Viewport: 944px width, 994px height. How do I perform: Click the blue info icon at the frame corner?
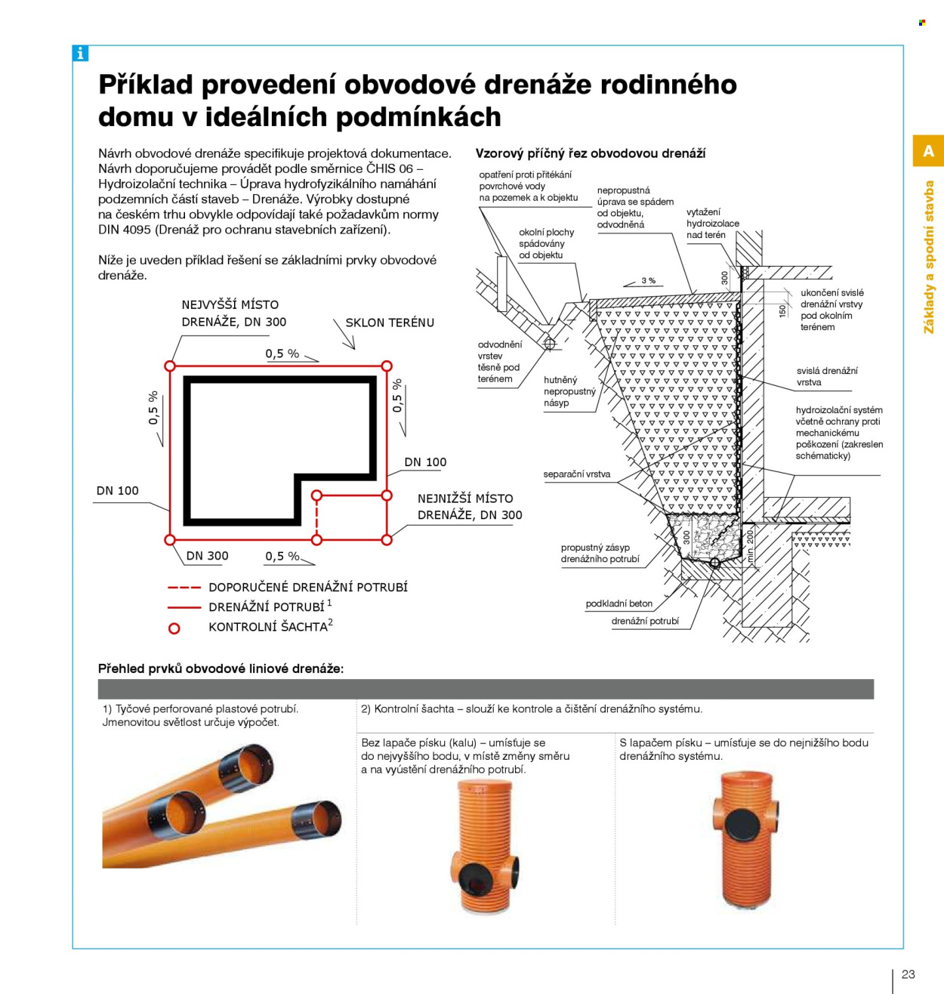80,53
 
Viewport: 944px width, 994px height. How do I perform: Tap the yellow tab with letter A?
928,150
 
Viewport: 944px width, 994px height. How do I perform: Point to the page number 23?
908,974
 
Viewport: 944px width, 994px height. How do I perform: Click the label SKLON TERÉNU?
390,323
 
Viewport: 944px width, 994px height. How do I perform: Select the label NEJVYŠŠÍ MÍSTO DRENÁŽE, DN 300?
233,313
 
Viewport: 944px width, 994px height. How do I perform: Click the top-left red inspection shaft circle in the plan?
170,366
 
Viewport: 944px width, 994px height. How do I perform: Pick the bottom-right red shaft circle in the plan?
387,540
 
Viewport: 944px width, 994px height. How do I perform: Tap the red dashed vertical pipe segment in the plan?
316,517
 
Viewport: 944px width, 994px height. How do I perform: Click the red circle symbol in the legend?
174,628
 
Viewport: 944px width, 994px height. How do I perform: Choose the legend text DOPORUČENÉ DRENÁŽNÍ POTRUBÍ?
308,587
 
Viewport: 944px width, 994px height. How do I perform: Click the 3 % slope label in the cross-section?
648,281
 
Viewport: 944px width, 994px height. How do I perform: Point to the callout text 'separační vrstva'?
576,474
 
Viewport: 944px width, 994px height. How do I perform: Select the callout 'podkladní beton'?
619,603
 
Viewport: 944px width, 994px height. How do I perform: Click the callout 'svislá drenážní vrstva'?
827,377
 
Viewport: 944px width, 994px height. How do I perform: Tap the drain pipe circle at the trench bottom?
714,563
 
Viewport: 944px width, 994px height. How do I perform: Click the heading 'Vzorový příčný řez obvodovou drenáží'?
591,153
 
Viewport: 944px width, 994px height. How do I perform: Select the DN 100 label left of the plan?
117,490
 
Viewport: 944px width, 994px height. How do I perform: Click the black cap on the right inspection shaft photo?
742,824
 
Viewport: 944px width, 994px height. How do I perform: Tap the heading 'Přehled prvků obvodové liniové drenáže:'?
221,669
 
